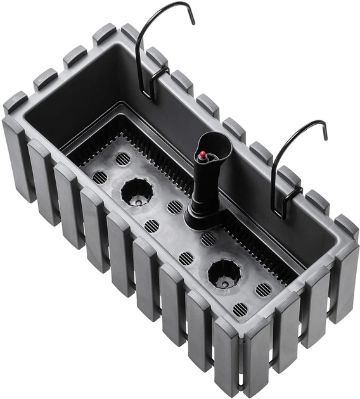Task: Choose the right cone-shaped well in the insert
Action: click(x=224, y=273)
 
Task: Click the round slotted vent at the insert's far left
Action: click(x=100, y=177)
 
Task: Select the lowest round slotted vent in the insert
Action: click(x=240, y=310)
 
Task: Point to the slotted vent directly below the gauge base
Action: click(x=209, y=239)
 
